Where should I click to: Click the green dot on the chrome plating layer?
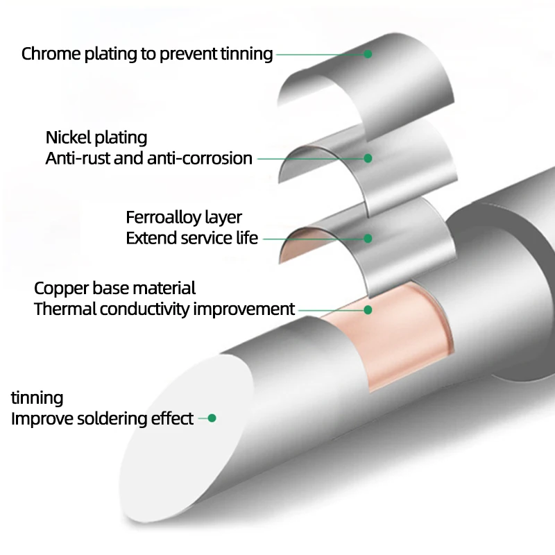point(368,53)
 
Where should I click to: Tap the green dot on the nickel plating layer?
point(368,158)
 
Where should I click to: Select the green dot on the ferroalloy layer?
point(368,238)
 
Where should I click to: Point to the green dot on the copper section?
point(368,309)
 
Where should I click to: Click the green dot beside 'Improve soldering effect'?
point(212,418)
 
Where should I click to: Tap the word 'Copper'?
point(58,288)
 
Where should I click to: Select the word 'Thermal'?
point(65,309)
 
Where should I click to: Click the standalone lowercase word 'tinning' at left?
point(37,398)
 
